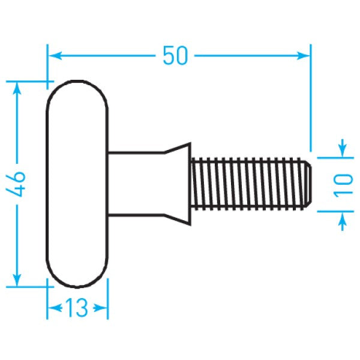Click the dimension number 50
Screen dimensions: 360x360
tap(176, 55)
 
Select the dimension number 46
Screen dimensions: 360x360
tap(17, 184)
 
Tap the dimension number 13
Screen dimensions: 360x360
tap(78, 308)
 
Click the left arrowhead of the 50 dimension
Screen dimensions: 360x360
tap(53, 55)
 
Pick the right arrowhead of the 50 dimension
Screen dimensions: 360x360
tap(305, 55)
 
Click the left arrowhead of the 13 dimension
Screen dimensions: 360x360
tap(53, 308)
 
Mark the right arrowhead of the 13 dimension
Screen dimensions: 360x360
tap(103, 308)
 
